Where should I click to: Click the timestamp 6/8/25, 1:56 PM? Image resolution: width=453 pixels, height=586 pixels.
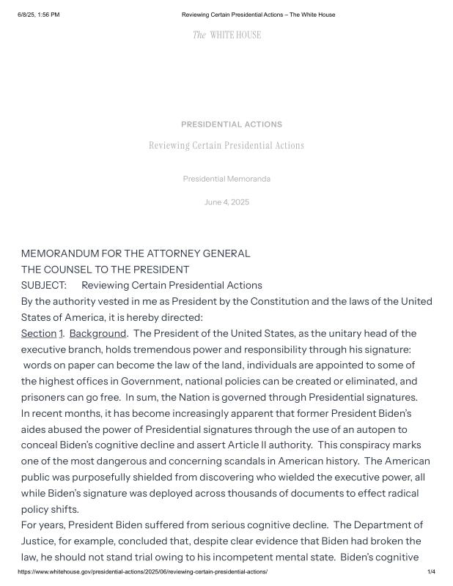[x=39, y=15]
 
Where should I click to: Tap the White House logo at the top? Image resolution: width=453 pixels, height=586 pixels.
[x=226, y=35]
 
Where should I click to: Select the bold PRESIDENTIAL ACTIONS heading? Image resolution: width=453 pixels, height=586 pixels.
[x=232, y=125]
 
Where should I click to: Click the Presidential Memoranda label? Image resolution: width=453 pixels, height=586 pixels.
[x=226, y=179]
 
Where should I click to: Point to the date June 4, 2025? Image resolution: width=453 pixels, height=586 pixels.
[x=226, y=202]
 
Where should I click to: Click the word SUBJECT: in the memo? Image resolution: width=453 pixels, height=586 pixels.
[x=43, y=285]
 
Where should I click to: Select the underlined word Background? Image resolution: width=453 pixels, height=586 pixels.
[x=97, y=333]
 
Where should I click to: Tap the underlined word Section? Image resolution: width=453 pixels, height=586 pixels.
[x=38, y=333]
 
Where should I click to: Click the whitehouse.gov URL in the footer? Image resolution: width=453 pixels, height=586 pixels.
[x=143, y=571]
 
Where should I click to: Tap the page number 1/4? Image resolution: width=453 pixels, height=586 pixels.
[x=431, y=571]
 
